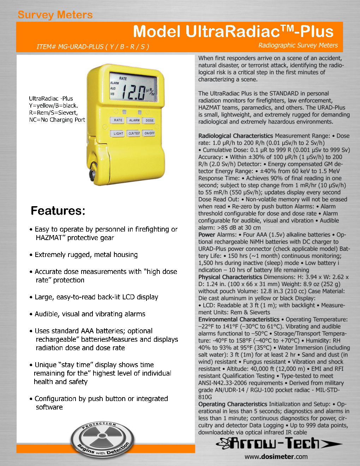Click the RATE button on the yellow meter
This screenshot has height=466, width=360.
coord(118,120)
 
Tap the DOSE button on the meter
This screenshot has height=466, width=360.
coord(150,120)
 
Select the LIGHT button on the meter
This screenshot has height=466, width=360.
coord(118,133)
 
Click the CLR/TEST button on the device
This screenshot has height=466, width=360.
coord(134,133)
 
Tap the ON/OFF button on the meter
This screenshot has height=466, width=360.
coord(150,133)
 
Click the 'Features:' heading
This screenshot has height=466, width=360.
coord(58,211)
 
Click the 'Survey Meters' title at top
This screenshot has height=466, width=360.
coord(55,15)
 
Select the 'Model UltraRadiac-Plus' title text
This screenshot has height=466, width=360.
coord(233,32)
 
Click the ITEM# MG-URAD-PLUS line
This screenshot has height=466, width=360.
coord(93,47)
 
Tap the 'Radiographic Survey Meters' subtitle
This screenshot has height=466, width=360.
coord(298,45)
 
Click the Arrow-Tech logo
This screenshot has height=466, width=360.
coord(279,443)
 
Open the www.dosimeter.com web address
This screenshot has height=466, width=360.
coord(276,456)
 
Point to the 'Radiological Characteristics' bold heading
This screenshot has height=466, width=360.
coord(235,136)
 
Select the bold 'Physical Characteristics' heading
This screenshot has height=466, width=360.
coord(230,277)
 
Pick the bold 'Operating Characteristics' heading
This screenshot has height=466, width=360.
coord(233,404)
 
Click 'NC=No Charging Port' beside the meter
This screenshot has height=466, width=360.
coord(57,120)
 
